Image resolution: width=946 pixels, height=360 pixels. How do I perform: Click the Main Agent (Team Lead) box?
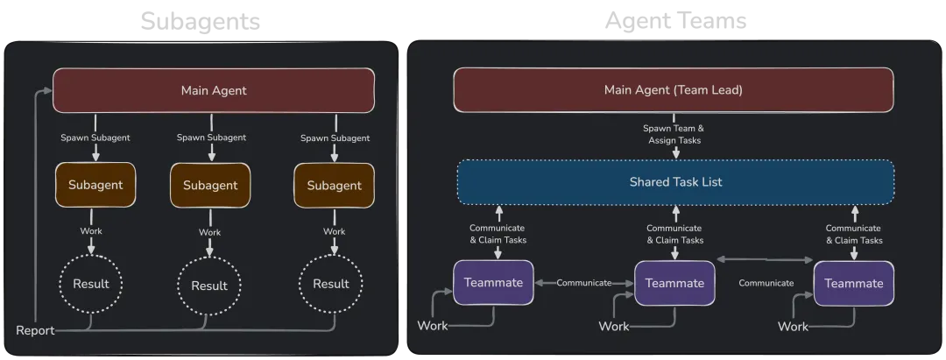pyautogui.click(x=673, y=89)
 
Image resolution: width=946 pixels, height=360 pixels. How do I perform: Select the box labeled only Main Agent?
pyautogui.click(x=214, y=89)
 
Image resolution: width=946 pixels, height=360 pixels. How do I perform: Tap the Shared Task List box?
pyautogui.click(x=675, y=182)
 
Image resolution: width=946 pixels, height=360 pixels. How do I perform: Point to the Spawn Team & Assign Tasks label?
pyautogui.click(x=674, y=134)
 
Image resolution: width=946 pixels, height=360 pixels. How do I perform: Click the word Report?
pyautogui.click(x=35, y=330)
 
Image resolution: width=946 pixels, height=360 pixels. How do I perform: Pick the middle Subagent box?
pyautogui.click(x=210, y=186)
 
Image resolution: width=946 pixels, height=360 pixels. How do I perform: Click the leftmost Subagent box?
pyautogui.click(x=95, y=185)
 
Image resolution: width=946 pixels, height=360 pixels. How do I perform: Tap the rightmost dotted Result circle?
pyautogui.click(x=331, y=284)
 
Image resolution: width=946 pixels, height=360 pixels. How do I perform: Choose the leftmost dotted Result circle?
pyautogui.click(x=91, y=284)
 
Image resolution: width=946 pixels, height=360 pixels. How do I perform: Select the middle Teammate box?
pyautogui.click(x=674, y=283)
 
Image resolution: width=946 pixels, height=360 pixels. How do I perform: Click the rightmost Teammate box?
pyautogui.click(x=854, y=283)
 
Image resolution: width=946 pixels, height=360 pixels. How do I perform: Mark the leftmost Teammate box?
pyautogui.click(x=493, y=282)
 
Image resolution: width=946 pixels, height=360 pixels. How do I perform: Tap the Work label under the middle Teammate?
pyautogui.click(x=614, y=326)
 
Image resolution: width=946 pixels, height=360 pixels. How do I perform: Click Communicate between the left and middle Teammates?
pyautogui.click(x=583, y=283)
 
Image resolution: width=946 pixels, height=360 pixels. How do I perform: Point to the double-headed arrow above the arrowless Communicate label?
pyautogui.click(x=766, y=259)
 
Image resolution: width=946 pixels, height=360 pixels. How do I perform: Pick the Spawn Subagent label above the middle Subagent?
pyautogui.click(x=211, y=138)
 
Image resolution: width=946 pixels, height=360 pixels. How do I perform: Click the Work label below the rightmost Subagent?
pyautogui.click(x=334, y=231)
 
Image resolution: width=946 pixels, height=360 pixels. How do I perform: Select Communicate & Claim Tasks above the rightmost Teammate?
pyautogui.click(x=854, y=234)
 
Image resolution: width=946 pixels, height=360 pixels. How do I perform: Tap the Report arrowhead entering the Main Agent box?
pyautogui.click(x=48, y=89)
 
